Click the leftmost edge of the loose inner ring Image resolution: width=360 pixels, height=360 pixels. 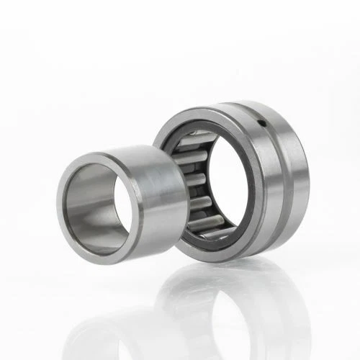(57, 205)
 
